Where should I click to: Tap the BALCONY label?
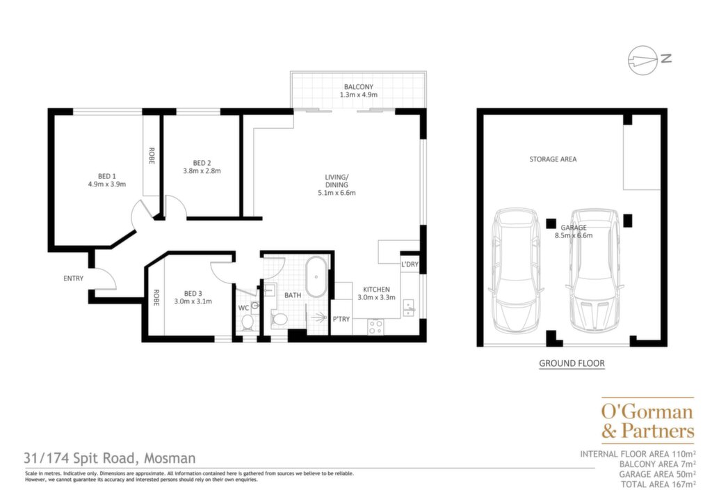[x=358, y=87]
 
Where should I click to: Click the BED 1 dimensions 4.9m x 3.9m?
[x=106, y=184]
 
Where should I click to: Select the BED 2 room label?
[x=202, y=163]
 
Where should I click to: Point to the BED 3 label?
[x=193, y=294]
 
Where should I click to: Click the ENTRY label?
[x=74, y=278]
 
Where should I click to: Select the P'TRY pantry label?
[x=341, y=319]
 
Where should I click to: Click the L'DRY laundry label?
[x=410, y=264]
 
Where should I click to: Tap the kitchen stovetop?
[x=375, y=326]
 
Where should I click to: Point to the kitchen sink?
[x=409, y=308]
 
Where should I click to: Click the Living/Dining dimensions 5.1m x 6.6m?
[x=337, y=193]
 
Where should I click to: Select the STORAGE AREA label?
[x=553, y=159]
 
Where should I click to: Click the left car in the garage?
[x=517, y=270]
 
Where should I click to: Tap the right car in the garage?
[x=595, y=270]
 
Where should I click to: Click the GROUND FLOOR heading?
[x=572, y=363]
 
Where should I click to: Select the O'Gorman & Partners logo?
[x=648, y=420]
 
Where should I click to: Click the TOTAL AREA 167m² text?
[x=658, y=485]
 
